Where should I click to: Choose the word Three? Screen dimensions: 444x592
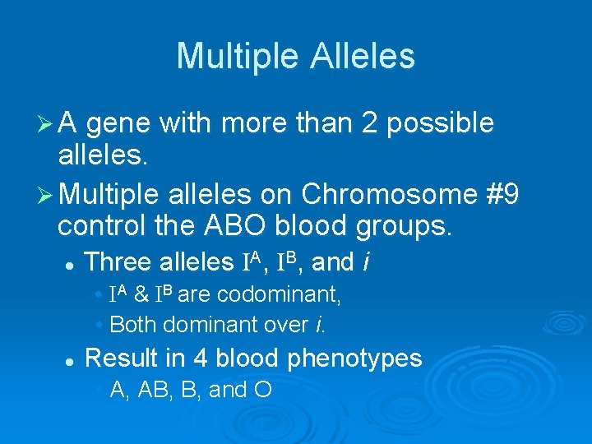tap(118, 262)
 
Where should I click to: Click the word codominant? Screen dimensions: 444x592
tap(289, 294)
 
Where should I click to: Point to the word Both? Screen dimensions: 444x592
tap(132, 325)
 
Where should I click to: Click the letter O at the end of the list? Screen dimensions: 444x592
tap(263, 390)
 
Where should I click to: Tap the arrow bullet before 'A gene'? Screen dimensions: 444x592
tap(48, 123)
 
